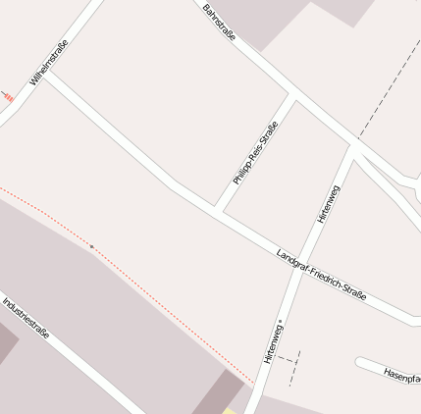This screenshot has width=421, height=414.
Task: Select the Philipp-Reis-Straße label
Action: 255,153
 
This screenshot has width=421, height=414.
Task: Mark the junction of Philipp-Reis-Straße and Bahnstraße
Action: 292,97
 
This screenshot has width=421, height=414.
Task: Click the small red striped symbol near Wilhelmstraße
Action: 8,97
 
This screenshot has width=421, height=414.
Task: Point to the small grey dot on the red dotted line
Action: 92,246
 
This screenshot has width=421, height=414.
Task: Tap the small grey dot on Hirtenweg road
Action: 280,321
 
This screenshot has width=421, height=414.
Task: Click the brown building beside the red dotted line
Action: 218,391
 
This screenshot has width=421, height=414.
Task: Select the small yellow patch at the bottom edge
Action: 229,410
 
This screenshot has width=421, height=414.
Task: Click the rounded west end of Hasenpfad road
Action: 360,364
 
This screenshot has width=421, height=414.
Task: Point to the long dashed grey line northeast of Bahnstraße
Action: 388,88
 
